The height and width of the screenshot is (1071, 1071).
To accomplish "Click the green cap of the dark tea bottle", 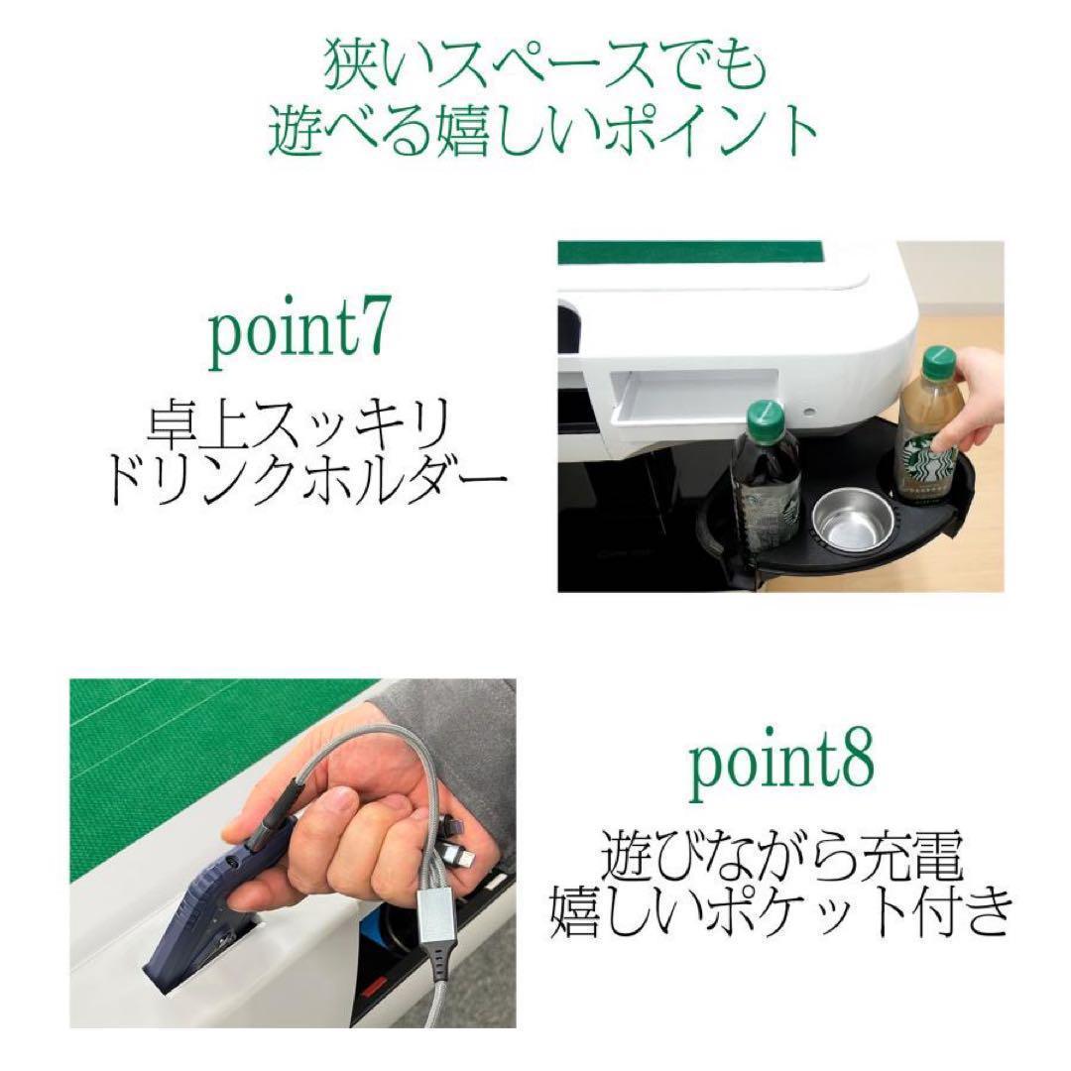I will coord(765,416).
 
